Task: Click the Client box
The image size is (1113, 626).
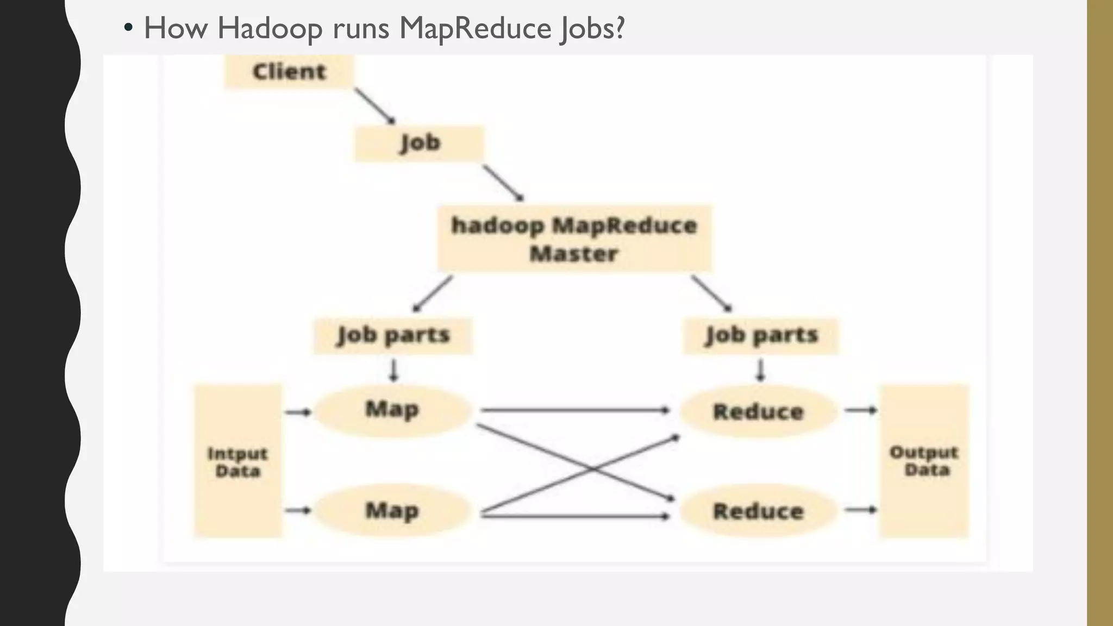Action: tap(289, 72)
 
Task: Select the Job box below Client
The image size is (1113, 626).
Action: tap(419, 143)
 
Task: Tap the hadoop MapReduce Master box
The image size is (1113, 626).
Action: tap(574, 239)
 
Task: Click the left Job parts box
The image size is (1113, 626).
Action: tap(393, 335)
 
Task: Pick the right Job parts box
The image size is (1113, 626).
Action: tap(761, 335)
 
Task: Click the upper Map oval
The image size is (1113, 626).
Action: tap(392, 410)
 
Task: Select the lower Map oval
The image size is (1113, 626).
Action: tap(392, 511)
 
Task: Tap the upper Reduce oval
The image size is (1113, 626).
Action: tap(758, 411)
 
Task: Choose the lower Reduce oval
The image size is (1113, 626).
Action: tap(758, 511)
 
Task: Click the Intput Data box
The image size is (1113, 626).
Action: tap(238, 461)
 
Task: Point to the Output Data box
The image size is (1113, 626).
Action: tap(924, 461)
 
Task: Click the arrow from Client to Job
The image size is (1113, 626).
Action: tap(374, 106)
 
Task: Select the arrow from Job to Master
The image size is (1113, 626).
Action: tap(503, 183)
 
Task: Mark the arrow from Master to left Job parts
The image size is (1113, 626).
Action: tap(433, 293)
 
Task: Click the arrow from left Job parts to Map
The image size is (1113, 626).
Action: tap(394, 371)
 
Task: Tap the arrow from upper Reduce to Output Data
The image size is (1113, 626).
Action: tap(860, 410)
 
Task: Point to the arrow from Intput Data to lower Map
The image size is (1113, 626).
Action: tap(298, 510)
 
